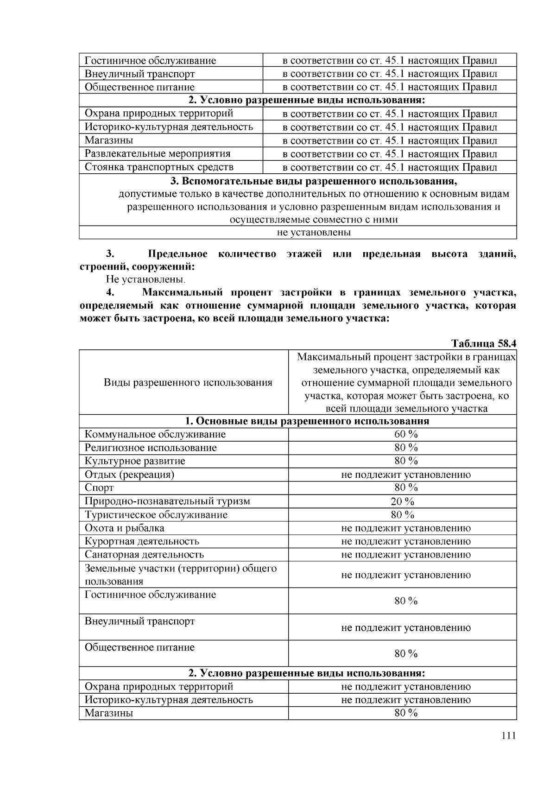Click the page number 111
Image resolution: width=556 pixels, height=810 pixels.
pyautogui.click(x=508, y=736)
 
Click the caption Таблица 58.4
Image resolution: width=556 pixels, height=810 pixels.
pyautogui.click(x=484, y=343)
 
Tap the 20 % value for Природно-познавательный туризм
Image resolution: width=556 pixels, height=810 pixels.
pyautogui.click(x=402, y=501)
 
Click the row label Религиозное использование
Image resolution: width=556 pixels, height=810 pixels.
pyautogui.click(x=151, y=448)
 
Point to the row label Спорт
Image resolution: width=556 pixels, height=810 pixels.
pyautogui.click(x=99, y=487)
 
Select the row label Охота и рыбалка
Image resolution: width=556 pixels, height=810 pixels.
pyautogui.click(x=124, y=528)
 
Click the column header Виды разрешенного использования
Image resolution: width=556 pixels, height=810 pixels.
pyautogui.click(x=188, y=383)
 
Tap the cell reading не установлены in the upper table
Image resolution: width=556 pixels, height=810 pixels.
pyautogui.click(x=314, y=233)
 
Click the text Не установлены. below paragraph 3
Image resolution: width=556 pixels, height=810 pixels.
pyautogui.click(x=146, y=279)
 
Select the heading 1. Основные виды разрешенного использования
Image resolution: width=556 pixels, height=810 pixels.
pyautogui.click(x=307, y=421)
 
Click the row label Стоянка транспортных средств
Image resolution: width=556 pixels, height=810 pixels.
pyautogui.click(x=159, y=167)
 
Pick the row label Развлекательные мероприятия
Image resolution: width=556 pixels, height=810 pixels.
pyautogui.click(x=158, y=153)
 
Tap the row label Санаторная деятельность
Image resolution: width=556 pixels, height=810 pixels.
pyautogui.click(x=144, y=555)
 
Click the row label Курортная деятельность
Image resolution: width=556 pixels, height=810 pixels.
pyautogui.click(x=142, y=541)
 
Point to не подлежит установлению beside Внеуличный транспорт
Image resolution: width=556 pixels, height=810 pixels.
pyautogui.click(x=406, y=627)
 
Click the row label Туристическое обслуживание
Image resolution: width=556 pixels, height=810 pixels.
pyautogui.click(x=156, y=515)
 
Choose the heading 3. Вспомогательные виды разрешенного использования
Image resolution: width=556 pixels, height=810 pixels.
pyautogui.click(x=314, y=181)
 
